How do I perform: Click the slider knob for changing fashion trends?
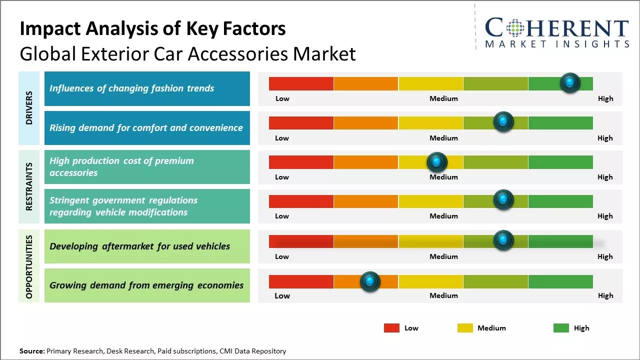click(570, 82)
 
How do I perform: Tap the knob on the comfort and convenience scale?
click(503, 121)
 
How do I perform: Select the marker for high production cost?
click(437, 161)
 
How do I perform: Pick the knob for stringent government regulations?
click(503, 200)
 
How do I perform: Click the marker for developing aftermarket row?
click(503, 240)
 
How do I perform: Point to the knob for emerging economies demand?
click(370, 281)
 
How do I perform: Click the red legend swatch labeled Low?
click(391, 328)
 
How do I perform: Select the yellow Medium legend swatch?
click(465, 328)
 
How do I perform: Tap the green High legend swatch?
click(561, 328)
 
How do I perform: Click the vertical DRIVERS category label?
click(29, 108)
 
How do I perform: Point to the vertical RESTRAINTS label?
click(29, 186)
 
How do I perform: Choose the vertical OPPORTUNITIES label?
click(29, 266)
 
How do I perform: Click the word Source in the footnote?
click(31, 351)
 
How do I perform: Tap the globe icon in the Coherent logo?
click(515, 28)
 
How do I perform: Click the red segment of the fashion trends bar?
click(301, 83)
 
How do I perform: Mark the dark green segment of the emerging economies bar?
click(560, 281)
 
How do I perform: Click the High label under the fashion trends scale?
click(605, 98)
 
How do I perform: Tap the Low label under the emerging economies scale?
click(282, 295)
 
